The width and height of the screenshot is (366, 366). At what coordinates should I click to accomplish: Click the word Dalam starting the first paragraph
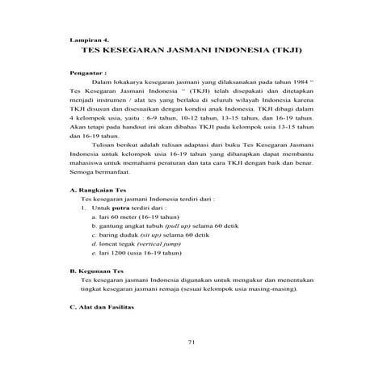click(x=105, y=82)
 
